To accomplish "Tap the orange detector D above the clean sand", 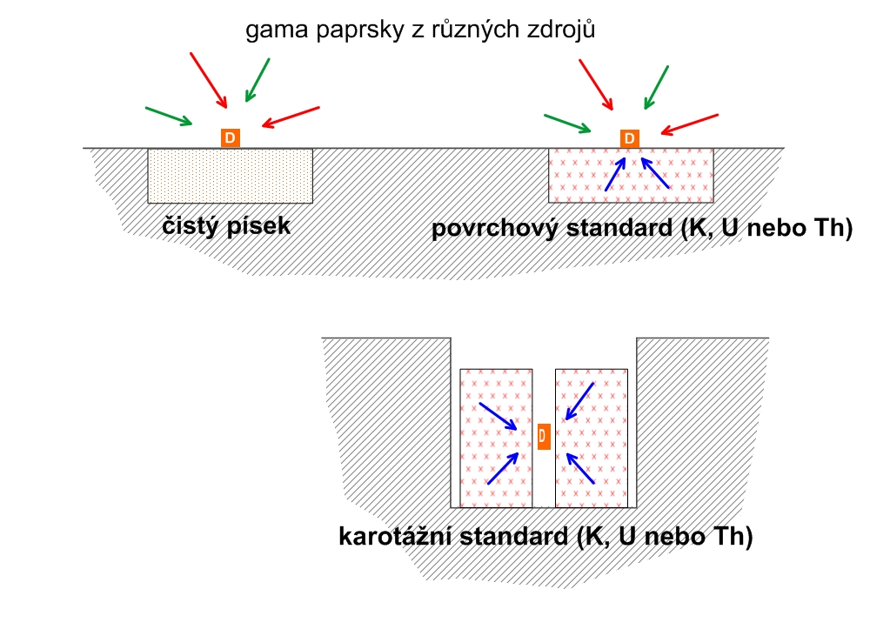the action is (x=231, y=137).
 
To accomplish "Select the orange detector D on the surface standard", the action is (x=629, y=138).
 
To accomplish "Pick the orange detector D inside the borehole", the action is (x=544, y=436).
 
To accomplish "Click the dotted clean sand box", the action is (x=231, y=176).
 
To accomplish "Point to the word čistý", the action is (x=190, y=225).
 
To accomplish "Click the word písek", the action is (x=258, y=225).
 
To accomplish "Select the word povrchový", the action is (x=496, y=228).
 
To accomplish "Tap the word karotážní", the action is (x=398, y=536).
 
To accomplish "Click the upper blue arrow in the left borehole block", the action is (x=499, y=416).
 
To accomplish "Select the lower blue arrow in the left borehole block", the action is (x=503, y=468).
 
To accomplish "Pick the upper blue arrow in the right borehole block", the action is (x=579, y=401).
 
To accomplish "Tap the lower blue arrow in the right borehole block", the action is (x=580, y=469).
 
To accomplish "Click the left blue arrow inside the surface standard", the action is (x=615, y=174).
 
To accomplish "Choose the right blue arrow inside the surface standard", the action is (x=655, y=173).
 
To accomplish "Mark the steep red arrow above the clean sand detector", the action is (x=209, y=80).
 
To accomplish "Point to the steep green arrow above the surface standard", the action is (x=656, y=88).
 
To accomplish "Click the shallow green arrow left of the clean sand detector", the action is (x=169, y=116).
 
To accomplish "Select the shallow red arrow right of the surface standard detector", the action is (x=690, y=125).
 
